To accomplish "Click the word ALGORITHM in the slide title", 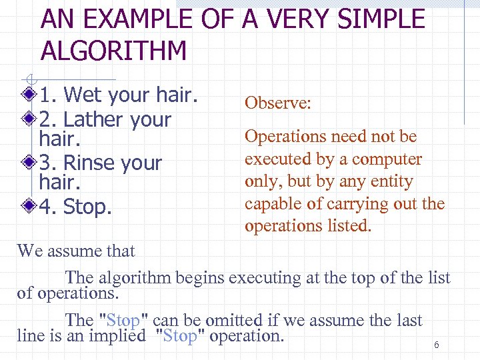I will tap(114, 51).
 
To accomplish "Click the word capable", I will tap(271, 203).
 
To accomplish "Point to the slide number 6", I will tap(436, 345).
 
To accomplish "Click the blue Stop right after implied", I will tap(180, 336).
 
